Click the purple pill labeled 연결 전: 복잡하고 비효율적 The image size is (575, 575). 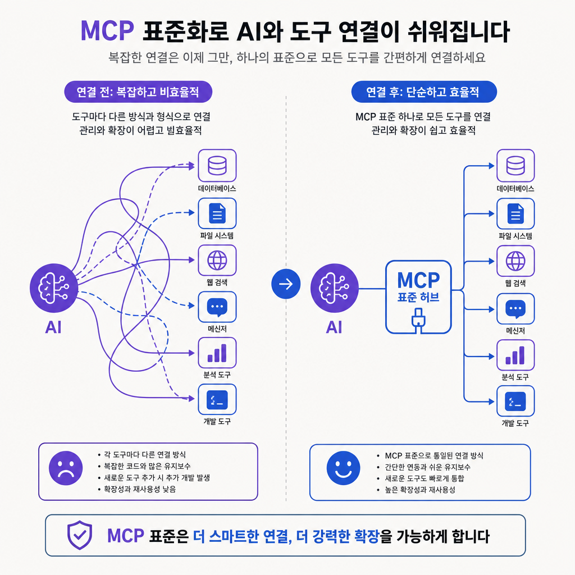[x=138, y=92]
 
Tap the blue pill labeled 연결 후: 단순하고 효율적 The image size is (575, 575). [x=424, y=92]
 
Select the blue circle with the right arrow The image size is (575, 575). [x=286, y=284]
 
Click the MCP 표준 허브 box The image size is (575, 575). [x=418, y=297]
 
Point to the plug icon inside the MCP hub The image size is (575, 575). [x=418, y=320]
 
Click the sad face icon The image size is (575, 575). [x=66, y=468]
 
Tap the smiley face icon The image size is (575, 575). [x=344, y=468]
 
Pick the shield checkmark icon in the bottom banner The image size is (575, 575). [x=80, y=535]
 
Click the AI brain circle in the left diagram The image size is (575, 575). [x=54, y=288]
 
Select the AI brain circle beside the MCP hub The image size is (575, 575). [x=335, y=288]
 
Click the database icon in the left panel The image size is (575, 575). [x=217, y=166]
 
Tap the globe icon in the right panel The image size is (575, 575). [x=515, y=261]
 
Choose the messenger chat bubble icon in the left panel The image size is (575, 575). [x=217, y=307]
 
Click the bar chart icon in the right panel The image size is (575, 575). [x=515, y=355]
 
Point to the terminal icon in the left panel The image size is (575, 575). [x=217, y=400]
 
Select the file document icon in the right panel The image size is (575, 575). [x=515, y=214]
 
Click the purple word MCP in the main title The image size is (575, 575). [x=107, y=31]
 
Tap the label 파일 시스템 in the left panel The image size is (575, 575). [x=217, y=235]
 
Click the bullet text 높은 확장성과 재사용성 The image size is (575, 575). [x=420, y=490]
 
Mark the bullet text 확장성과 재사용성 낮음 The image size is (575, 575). [x=140, y=489]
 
